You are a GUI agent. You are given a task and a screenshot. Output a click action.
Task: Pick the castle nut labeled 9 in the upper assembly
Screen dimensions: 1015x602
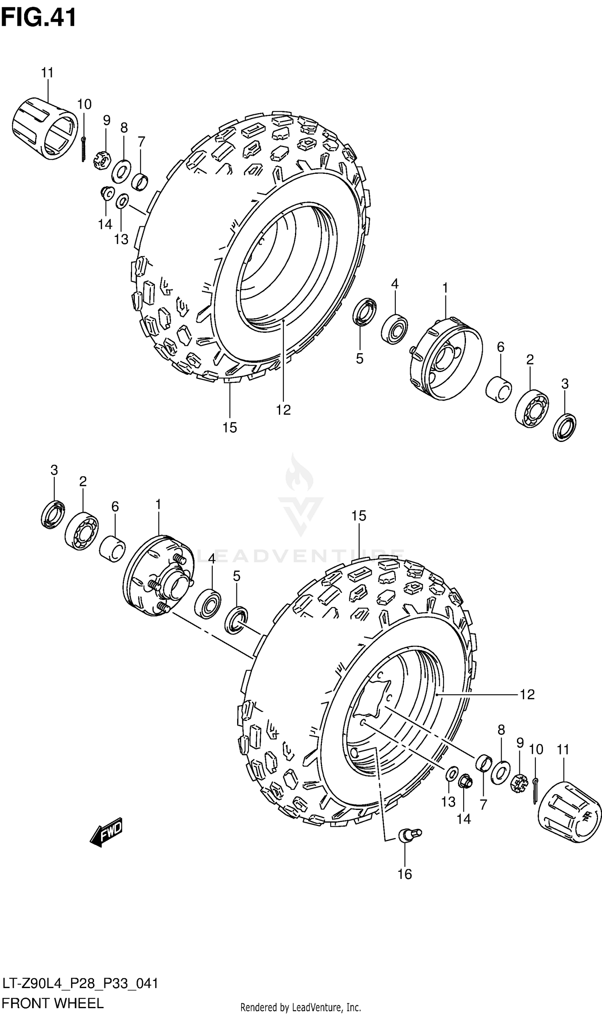103,160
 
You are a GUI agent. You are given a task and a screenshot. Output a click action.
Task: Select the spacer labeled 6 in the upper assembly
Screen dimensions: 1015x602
498,389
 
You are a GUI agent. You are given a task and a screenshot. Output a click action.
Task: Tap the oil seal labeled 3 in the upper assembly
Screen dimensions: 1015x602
565,427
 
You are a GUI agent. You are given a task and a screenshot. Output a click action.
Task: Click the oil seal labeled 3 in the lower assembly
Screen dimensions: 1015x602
53,515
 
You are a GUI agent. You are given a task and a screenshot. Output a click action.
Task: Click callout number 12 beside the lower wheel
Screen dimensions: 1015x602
527,694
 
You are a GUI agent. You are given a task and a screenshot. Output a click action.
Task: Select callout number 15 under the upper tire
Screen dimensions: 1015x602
230,427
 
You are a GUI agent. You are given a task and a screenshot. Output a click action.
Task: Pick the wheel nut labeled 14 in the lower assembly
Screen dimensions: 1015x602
465,780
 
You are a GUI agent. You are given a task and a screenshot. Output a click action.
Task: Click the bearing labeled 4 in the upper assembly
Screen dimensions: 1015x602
394,329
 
